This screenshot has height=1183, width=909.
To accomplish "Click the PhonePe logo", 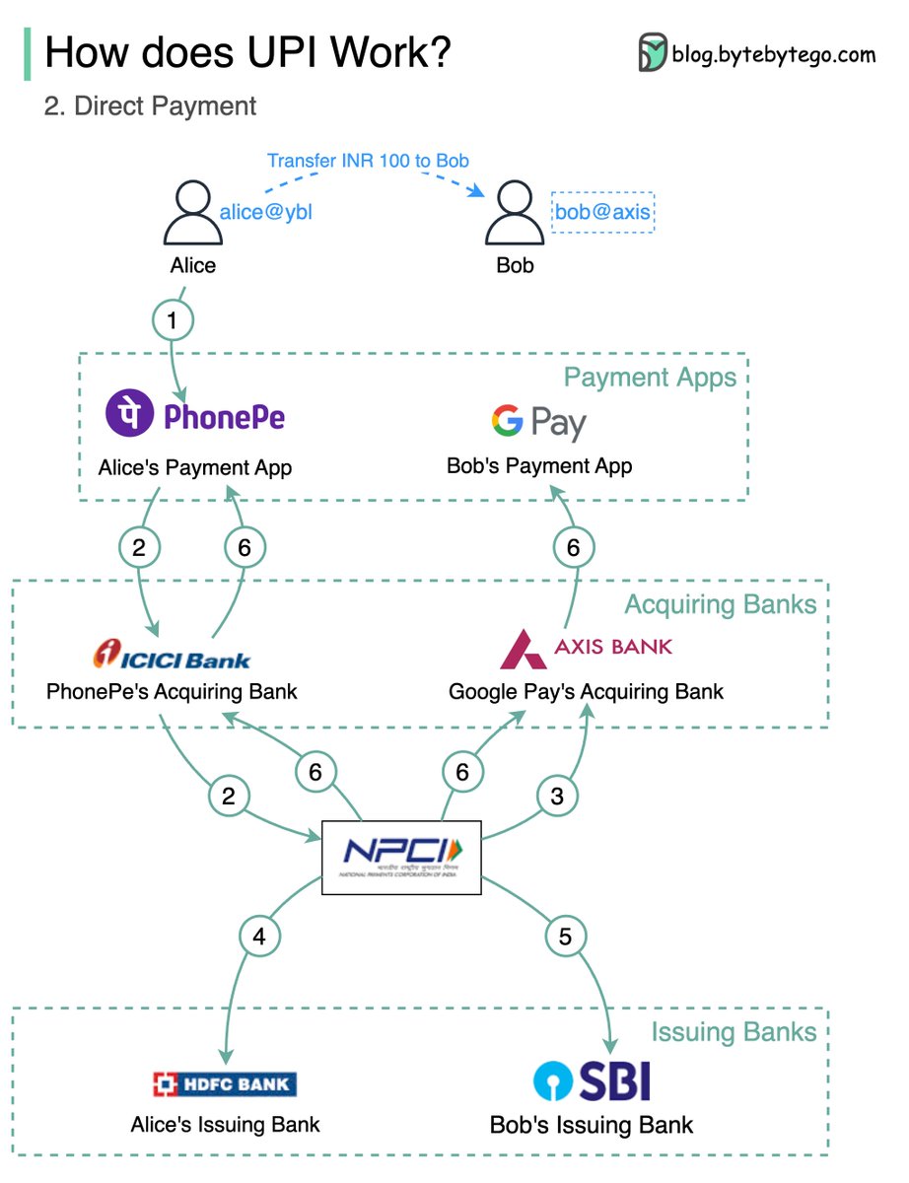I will click(x=195, y=416).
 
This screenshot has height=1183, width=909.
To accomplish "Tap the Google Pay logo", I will click(x=539, y=423).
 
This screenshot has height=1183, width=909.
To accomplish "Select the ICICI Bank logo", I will click(x=172, y=655).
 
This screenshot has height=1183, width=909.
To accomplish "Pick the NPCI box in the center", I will click(x=402, y=857).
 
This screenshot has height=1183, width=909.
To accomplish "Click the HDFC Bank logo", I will click(x=225, y=1084).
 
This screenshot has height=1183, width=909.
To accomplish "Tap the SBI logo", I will click(x=592, y=1080).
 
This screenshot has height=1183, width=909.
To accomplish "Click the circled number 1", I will click(x=174, y=319).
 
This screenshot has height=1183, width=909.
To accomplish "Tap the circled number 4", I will click(x=259, y=937).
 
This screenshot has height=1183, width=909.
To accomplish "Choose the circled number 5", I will click(x=565, y=937).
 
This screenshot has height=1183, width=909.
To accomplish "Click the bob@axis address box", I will click(x=603, y=211).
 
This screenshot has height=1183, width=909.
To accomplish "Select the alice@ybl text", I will click(x=265, y=211).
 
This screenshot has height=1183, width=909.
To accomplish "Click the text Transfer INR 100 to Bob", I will click(x=368, y=160).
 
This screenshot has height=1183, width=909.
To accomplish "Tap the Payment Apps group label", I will click(x=650, y=378).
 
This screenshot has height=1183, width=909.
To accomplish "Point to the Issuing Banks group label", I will click(x=734, y=1032).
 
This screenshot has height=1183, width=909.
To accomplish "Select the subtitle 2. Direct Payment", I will click(x=150, y=106).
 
